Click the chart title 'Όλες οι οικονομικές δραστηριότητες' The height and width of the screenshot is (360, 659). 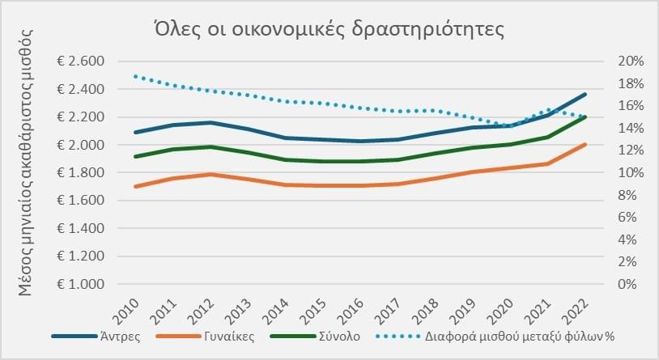coord(329,31)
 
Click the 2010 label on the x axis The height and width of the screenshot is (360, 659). coord(129,311)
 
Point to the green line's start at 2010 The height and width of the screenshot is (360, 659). coord(135,157)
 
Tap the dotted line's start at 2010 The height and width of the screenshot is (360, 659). coord(135,76)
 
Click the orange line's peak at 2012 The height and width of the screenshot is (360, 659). coord(211,174)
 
